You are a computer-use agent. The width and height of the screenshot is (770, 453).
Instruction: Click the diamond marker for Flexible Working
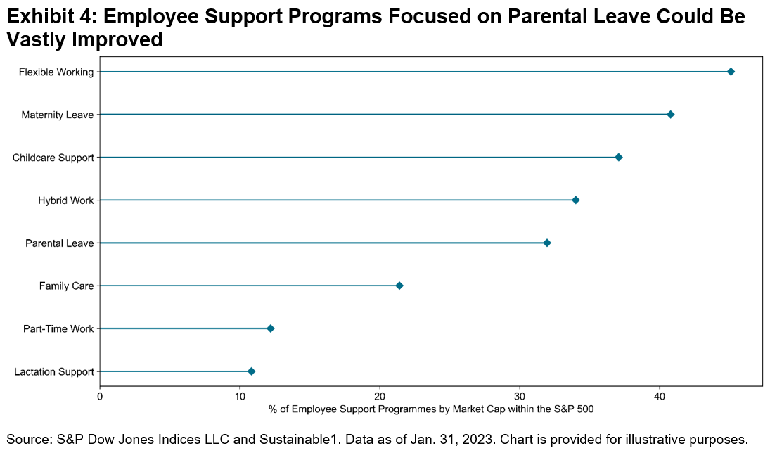click(731, 72)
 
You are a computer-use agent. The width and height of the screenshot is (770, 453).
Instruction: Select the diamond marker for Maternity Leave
click(670, 115)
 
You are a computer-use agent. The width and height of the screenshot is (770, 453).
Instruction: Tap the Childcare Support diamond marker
click(619, 158)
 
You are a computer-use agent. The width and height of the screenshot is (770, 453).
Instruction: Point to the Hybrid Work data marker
click(576, 200)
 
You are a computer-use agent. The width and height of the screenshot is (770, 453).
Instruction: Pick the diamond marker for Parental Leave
click(547, 243)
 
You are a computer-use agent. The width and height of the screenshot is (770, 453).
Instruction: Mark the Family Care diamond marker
click(399, 286)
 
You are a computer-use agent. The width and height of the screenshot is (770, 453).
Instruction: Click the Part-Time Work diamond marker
click(271, 328)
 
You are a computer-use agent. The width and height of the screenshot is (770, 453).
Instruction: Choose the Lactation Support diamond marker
click(251, 371)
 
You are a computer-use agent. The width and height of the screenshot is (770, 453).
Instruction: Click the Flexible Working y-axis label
click(56, 72)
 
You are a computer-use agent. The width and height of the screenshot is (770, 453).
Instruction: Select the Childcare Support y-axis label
click(53, 158)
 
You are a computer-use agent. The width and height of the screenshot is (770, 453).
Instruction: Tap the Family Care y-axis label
click(66, 286)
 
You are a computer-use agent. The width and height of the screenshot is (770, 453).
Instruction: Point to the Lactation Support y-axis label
click(54, 371)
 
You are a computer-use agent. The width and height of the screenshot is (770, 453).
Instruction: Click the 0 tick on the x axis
click(100, 396)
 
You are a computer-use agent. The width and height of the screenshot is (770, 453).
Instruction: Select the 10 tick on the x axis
click(240, 396)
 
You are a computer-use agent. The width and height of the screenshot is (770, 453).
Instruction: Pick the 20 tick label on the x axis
click(380, 396)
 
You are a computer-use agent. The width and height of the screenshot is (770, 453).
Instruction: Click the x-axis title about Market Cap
click(431, 408)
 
